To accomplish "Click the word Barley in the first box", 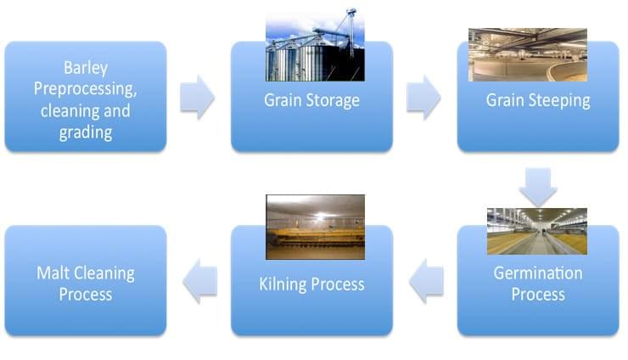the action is click(x=86, y=68).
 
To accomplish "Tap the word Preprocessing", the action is click(x=86, y=89).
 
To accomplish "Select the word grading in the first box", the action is click(x=86, y=133).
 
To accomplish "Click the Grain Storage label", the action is click(x=311, y=101).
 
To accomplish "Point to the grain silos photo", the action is click(x=315, y=44).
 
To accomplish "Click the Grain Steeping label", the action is click(x=538, y=101).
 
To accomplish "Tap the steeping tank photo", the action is click(x=528, y=55).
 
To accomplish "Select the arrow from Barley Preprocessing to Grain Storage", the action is click(x=197, y=98).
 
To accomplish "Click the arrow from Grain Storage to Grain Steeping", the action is click(x=423, y=98).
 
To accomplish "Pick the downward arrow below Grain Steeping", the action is click(x=538, y=187).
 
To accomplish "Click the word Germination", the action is click(x=538, y=273).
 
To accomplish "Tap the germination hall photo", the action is click(x=537, y=231).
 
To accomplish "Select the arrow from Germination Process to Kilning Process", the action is click(x=426, y=281).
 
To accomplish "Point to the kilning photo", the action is click(x=315, y=227).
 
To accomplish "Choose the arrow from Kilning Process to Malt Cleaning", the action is click(x=199, y=281).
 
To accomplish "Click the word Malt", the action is click(x=52, y=273).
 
